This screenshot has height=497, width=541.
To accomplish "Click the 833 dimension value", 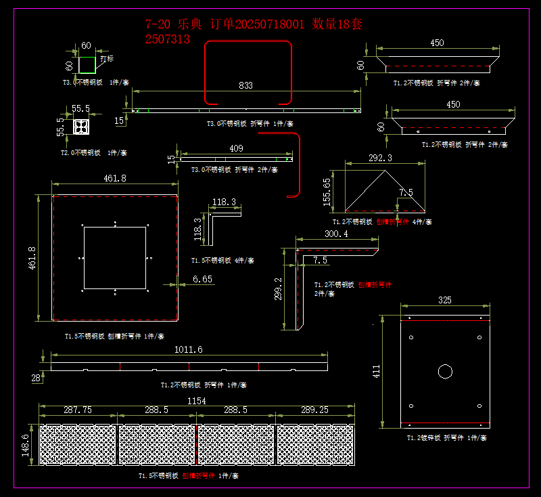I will coord(245,86).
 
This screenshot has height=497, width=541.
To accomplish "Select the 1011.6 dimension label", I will coord(189,349).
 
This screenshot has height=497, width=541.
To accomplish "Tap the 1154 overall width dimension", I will coord(196,401).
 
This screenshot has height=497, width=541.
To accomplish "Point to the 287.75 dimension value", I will coord(78,410).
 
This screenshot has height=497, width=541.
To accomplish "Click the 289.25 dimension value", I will coord(314,410).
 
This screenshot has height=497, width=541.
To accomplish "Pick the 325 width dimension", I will coord(445,300).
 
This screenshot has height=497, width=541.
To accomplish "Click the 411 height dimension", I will coord(377,371).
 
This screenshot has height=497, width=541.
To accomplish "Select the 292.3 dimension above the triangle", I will coord(379,158).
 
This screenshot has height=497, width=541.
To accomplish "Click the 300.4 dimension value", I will coord(336,234).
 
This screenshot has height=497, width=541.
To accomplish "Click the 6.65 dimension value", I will coord(202,279).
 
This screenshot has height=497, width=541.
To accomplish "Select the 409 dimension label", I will coord(236,148).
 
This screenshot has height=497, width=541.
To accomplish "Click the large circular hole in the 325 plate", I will coord(445,371).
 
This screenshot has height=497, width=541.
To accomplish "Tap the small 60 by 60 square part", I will coord(87,65).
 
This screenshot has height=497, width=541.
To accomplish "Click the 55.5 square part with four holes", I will coord(81,127).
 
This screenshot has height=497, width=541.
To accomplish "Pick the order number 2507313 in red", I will coord(167,39).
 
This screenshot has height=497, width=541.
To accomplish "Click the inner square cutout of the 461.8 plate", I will coord(114,258).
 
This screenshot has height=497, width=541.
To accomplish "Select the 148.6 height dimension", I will coord(26,445).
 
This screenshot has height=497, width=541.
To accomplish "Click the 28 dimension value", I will coord(36,379).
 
